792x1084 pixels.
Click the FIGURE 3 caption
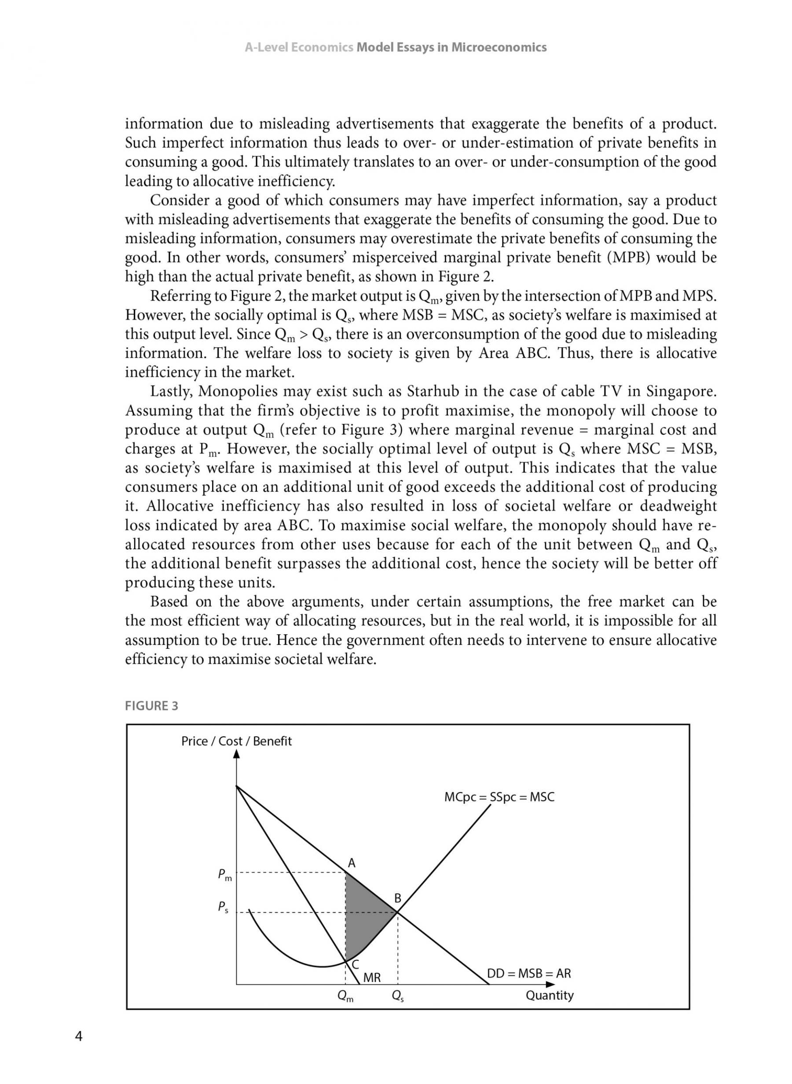(x=151, y=706)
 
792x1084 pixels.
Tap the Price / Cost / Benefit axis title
(x=236, y=741)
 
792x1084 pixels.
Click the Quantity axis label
(x=550, y=995)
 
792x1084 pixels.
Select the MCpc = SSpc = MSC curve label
(x=499, y=797)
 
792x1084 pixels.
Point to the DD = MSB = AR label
(x=529, y=973)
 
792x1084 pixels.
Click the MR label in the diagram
(x=372, y=977)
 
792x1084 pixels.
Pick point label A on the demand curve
(x=352, y=864)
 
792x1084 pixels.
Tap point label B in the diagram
(x=397, y=899)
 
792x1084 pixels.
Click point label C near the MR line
(x=356, y=965)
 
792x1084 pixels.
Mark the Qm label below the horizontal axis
(x=346, y=997)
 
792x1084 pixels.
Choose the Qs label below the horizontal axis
(x=397, y=997)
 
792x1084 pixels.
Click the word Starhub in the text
(x=428, y=392)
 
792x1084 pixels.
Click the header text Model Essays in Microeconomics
(x=451, y=48)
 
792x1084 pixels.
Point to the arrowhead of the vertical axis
(x=236, y=755)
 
